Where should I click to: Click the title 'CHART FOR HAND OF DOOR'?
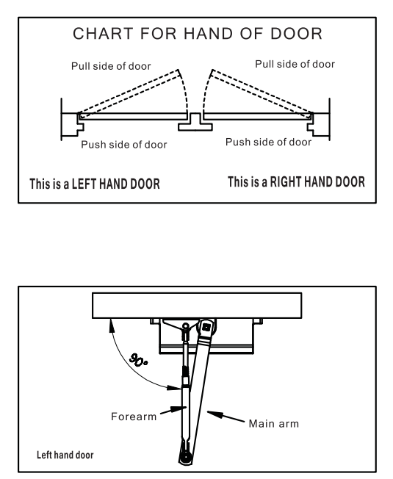(x=198, y=34)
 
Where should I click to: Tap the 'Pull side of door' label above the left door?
(x=111, y=66)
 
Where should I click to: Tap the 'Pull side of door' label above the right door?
(x=295, y=64)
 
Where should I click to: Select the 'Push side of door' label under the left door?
(x=124, y=145)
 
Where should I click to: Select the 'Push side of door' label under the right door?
(x=268, y=142)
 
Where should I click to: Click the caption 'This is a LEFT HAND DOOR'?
(x=95, y=184)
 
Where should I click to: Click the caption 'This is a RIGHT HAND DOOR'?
(x=296, y=181)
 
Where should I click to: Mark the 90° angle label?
(x=139, y=360)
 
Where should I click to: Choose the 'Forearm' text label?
(x=134, y=417)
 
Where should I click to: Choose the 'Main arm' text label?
(x=273, y=424)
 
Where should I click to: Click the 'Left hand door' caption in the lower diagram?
(x=65, y=455)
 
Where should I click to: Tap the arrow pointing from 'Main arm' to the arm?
(x=226, y=417)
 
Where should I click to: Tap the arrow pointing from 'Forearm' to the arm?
(x=173, y=410)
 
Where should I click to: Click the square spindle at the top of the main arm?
(x=206, y=327)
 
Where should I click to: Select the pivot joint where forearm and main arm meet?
(x=185, y=458)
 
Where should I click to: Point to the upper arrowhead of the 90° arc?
(x=112, y=325)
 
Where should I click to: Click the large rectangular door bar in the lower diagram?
(x=197, y=306)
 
